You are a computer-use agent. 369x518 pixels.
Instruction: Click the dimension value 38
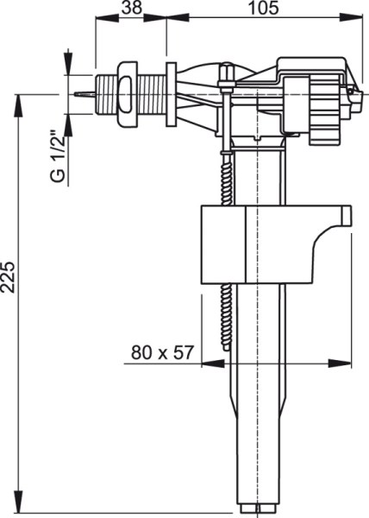[132, 8]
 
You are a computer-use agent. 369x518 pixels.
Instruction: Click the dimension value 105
[263, 8]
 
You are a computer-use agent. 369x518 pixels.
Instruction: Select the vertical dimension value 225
[8, 277]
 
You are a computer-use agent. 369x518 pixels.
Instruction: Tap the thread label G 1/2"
[58, 157]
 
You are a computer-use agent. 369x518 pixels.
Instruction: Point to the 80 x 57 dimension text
[162, 352]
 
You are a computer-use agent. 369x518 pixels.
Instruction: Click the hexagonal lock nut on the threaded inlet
[128, 94]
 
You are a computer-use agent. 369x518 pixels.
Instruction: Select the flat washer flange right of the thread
[172, 94]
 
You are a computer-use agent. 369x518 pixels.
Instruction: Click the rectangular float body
[257, 244]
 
